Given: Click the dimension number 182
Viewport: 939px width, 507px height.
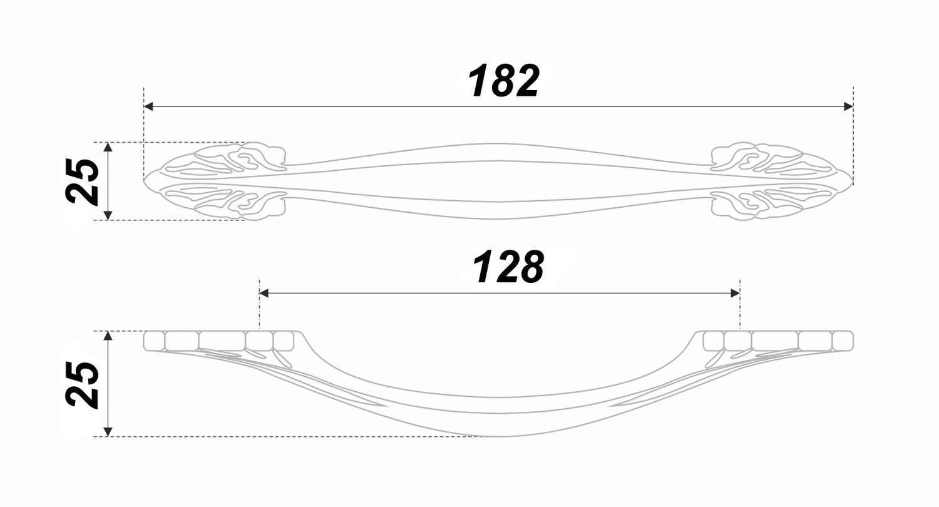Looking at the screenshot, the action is click(x=503, y=81).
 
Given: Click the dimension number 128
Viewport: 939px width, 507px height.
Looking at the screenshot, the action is click(x=508, y=267).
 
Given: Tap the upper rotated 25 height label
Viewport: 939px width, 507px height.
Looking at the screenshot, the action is click(x=82, y=182).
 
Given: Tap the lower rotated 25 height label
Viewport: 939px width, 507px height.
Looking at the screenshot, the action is click(x=82, y=384).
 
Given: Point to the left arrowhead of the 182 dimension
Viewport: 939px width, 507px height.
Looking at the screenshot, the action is click(x=149, y=106).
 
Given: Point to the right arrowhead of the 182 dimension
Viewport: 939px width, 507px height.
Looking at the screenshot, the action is click(x=848, y=106).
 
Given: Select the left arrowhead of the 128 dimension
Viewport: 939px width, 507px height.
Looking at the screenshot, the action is click(x=264, y=293).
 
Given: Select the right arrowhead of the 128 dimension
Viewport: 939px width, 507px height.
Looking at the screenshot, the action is click(x=735, y=293).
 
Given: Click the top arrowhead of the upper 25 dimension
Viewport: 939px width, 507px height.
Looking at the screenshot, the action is click(x=108, y=147).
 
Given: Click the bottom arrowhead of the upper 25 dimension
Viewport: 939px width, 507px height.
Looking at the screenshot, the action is click(x=108, y=215).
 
